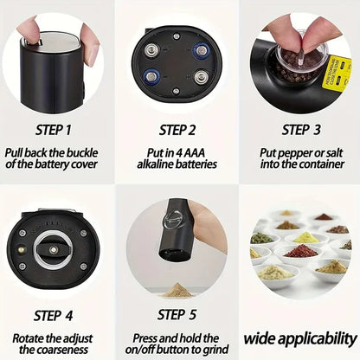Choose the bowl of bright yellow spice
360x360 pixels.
coord(306,236)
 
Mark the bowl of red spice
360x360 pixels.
coord(301,251)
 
